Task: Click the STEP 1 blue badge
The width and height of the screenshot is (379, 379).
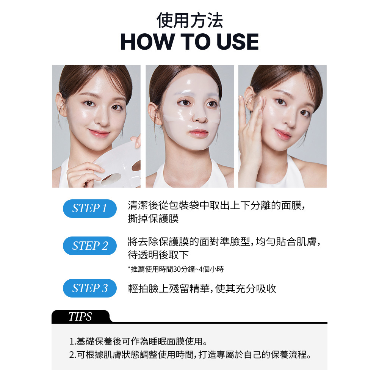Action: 90,208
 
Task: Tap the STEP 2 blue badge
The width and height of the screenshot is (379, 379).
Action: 90,246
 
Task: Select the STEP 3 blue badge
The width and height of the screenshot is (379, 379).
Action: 90,288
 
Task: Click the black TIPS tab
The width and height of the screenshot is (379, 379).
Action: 81,316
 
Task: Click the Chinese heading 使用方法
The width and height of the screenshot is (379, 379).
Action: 189,20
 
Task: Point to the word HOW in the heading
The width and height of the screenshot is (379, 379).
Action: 147,42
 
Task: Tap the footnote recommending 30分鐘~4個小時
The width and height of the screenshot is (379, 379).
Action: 176,269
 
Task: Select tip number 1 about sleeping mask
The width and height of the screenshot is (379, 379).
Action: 138,341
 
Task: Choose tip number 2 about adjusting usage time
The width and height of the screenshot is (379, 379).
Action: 190,355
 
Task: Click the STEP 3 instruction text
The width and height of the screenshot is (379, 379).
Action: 202,288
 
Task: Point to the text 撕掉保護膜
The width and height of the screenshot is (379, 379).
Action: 153,219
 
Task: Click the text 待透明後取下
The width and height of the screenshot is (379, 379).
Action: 158,255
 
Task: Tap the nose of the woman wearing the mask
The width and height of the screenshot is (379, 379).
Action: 200,117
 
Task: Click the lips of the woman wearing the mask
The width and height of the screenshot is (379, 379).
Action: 199,133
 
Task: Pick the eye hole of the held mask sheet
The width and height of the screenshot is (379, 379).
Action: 111,179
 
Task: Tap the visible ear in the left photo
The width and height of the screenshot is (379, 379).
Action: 61,105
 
